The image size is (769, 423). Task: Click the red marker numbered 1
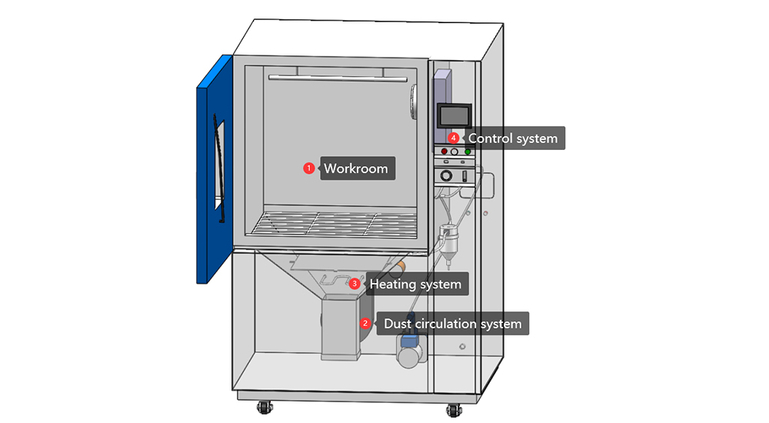(308, 168)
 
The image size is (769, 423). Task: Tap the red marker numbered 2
(366, 324)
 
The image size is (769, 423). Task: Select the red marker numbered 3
(355, 284)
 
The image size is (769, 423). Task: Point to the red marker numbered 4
(454, 138)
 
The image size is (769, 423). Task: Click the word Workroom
(356, 168)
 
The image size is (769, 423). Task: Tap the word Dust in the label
(397, 324)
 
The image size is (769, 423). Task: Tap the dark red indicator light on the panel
(444, 152)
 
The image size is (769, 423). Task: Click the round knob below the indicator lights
(447, 176)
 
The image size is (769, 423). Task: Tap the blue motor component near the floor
(410, 350)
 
